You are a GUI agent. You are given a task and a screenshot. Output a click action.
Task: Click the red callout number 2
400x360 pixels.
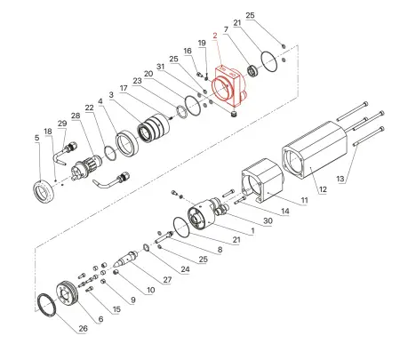[x=214, y=36]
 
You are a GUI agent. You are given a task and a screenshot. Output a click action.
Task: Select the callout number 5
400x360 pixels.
[x=36, y=138]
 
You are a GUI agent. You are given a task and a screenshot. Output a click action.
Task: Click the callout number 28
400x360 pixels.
[x=76, y=116]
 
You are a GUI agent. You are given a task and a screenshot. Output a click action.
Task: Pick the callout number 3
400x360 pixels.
[x=111, y=94]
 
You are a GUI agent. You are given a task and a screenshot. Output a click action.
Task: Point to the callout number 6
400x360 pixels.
[x=100, y=318]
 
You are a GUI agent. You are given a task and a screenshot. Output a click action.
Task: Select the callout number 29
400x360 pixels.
[x=62, y=123]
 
